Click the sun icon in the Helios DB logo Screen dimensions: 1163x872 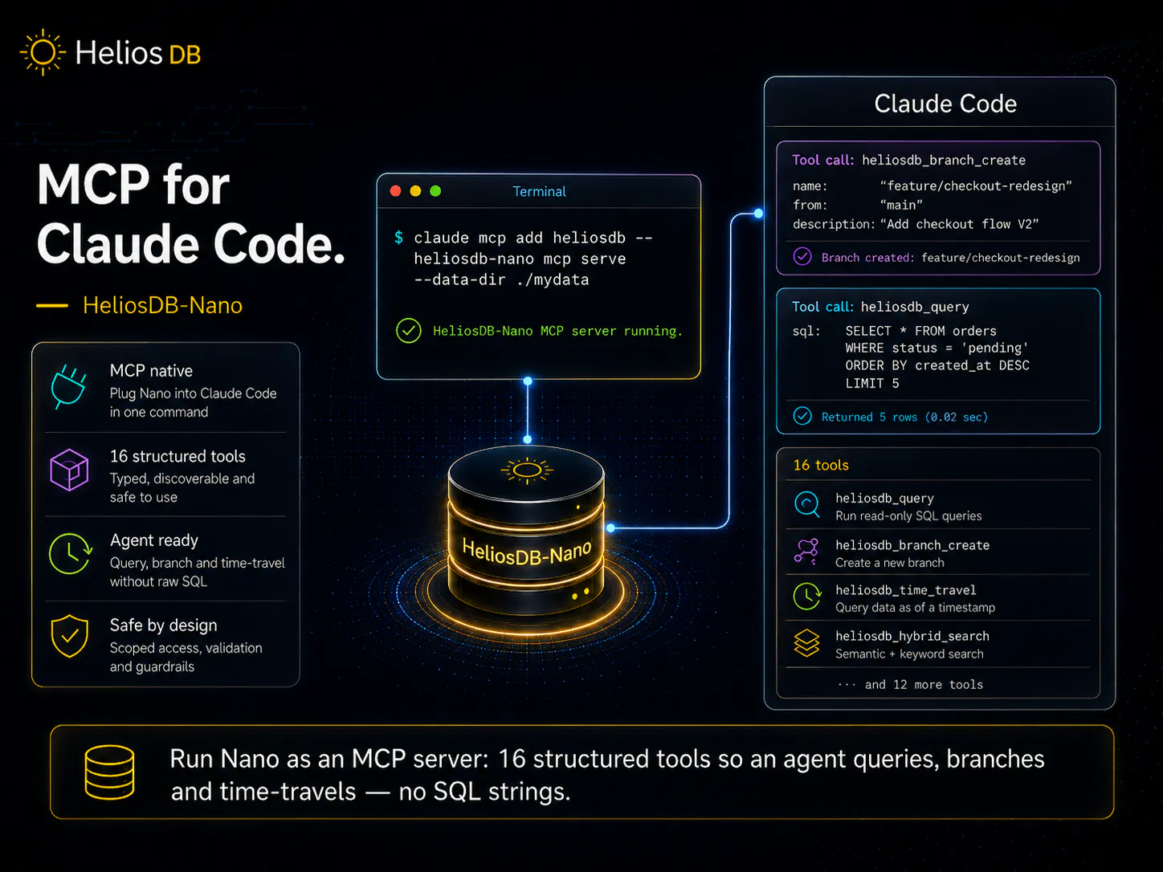pos(43,52)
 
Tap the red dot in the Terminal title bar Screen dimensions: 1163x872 pos(395,191)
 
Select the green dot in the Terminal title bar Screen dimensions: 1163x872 pos(435,191)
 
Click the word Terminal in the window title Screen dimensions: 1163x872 pos(539,192)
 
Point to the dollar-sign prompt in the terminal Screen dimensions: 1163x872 pos(398,238)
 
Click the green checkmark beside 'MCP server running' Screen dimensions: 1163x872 pos(409,331)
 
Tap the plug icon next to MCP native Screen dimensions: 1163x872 pos(69,386)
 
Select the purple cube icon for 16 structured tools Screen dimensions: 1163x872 pos(69,470)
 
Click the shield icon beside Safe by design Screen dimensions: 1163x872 pos(69,637)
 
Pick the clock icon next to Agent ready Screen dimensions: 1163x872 pos(71,554)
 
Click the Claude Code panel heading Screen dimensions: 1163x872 pos(945,104)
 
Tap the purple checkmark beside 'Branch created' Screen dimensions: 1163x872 pos(802,257)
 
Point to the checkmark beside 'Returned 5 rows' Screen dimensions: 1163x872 pos(802,416)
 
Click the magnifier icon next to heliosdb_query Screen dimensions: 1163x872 pos(807,505)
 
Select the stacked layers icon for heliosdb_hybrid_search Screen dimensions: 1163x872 pos(806,642)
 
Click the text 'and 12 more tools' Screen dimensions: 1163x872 pos(924,685)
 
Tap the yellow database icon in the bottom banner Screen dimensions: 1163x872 pos(110,772)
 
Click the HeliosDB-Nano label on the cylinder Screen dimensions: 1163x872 pos(527,552)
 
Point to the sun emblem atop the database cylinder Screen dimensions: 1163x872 pos(527,470)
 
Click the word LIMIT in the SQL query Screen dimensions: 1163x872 pos(865,383)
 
